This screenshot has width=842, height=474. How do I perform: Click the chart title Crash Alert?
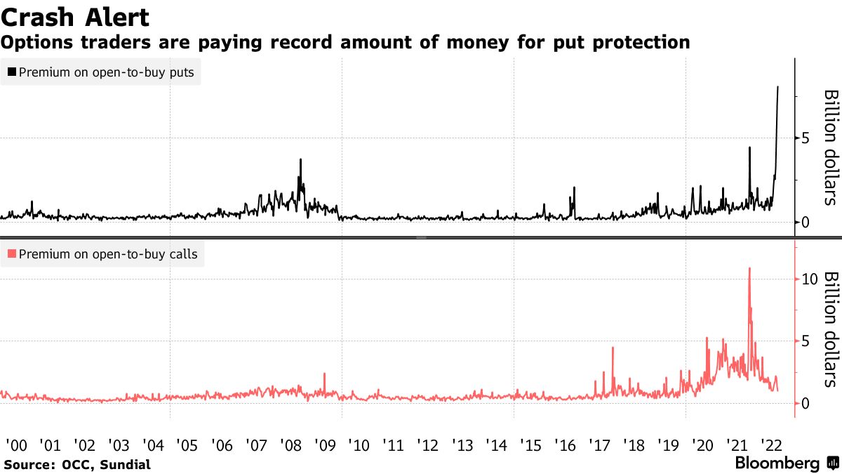coord(74,16)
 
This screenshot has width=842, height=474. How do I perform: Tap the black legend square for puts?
coord(11,72)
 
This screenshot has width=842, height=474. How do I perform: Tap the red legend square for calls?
coord(11,254)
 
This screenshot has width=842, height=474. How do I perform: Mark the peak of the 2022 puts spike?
coord(777,87)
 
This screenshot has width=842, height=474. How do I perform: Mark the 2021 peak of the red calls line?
coord(749,268)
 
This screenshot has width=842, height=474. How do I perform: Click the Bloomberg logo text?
coord(777,463)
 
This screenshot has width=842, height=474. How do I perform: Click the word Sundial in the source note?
coord(126,464)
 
